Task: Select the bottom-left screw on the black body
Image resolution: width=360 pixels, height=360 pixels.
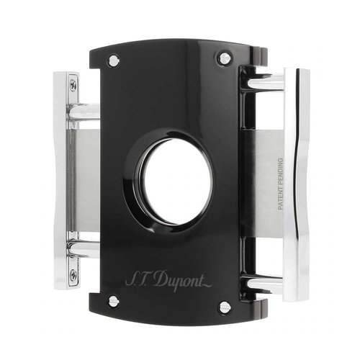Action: click(113, 300)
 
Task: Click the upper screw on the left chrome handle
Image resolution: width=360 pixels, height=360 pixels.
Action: click(73, 86)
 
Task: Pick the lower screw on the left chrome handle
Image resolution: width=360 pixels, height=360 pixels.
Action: click(73, 274)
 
